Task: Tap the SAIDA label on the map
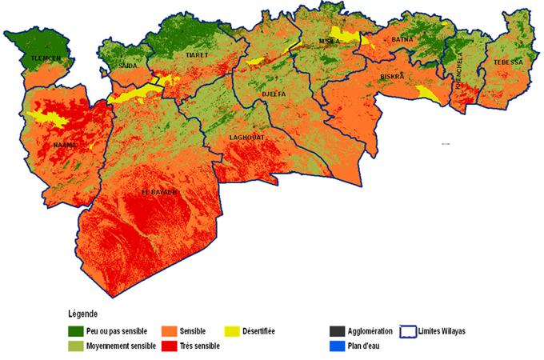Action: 126,65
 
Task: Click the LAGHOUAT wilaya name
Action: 246,138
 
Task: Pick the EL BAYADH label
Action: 158,193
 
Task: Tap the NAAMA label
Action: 64,145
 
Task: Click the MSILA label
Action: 330,41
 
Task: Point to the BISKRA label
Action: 393,77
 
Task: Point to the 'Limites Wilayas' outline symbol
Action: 410,330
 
